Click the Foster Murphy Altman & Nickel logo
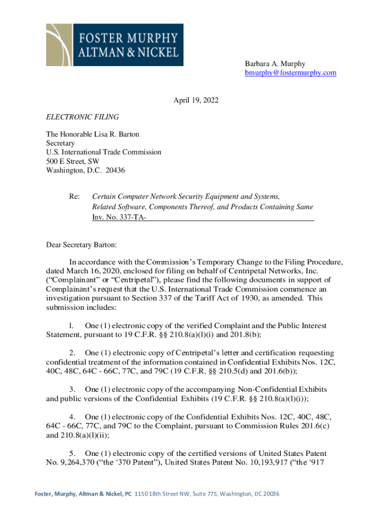point(115,45)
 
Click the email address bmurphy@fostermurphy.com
point(291,73)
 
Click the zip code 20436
point(115,170)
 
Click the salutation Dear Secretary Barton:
point(81,244)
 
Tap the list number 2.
point(73,353)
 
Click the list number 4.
point(73,417)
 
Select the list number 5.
point(73,453)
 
